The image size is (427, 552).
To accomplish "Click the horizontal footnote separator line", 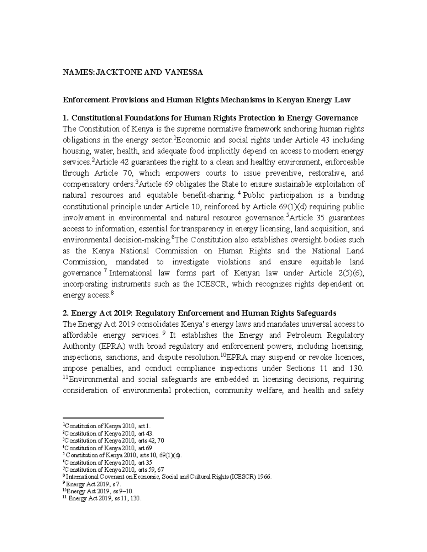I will pos(113,418).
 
